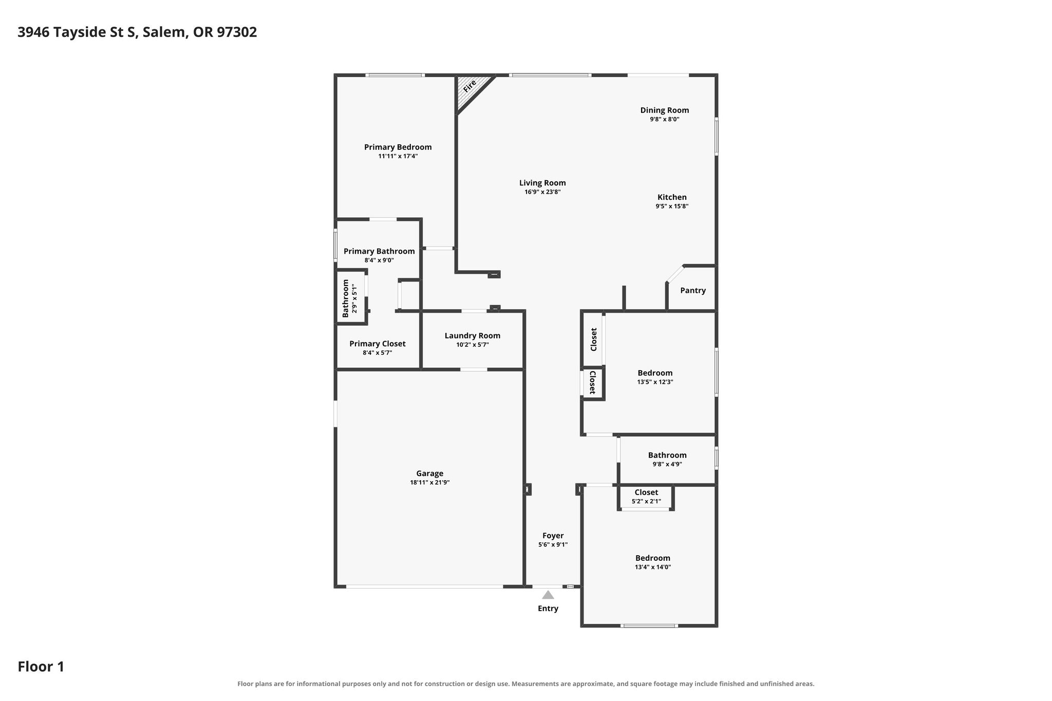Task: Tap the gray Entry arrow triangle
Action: pos(548,595)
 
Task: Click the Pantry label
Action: pos(693,291)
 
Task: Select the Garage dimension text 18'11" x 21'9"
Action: pos(430,483)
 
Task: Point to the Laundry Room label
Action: pos(473,336)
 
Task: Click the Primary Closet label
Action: pos(378,344)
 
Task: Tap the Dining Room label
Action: pos(665,110)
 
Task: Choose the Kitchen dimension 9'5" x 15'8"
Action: pos(672,206)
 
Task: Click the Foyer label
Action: pos(553,536)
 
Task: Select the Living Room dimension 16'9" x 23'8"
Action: pos(542,192)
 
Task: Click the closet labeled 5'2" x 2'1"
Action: pos(646,497)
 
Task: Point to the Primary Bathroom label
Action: pos(379,251)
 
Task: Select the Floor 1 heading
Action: pos(41,667)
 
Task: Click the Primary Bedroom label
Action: pos(398,147)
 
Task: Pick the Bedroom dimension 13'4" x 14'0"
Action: pos(653,567)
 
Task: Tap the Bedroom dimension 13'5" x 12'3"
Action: pos(655,382)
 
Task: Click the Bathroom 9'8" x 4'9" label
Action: pos(667,455)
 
